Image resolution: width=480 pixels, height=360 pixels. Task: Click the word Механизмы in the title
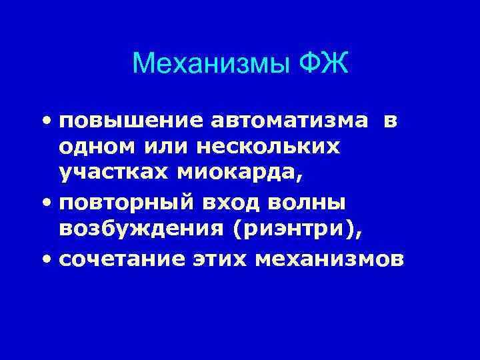pos(210,65)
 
